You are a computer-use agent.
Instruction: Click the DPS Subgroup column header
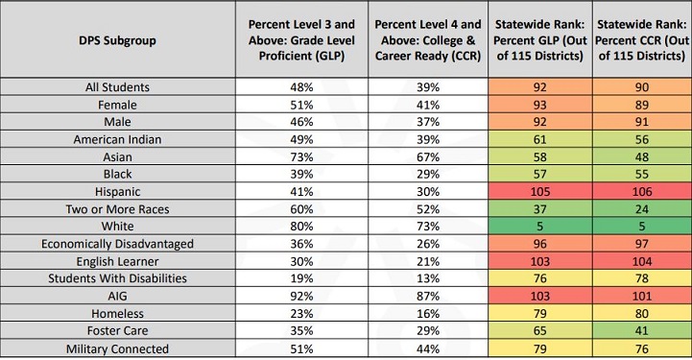click(118, 40)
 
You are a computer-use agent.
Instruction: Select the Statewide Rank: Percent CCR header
click(640, 40)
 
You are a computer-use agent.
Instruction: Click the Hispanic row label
click(118, 191)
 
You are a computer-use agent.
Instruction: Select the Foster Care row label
click(118, 330)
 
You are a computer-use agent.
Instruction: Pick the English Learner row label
click(118, 260)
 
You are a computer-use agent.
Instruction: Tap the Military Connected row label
click(118, 348)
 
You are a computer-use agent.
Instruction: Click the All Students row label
click(118, 87)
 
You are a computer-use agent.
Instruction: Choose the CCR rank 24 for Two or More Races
click(640, 208)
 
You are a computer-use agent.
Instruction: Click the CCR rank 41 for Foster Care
click(640, 330)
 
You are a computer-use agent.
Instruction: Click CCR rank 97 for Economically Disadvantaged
click(640, 243)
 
